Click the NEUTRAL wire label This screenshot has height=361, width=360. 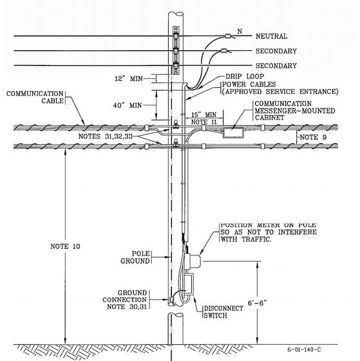[272, 36]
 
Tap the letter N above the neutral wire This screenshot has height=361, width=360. [240, 31]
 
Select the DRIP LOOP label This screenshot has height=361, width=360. [245, 76]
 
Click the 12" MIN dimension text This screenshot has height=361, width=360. [129, 79]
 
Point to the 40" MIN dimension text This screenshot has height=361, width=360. [127, 105]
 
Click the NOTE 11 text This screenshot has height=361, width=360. [204, 122]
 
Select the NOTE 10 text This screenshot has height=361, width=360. [66, 246]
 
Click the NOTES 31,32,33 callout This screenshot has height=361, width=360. [105, 136]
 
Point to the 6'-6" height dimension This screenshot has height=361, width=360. [257, 303]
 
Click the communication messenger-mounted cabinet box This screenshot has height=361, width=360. [233, 133]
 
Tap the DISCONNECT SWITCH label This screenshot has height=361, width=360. [223, 312]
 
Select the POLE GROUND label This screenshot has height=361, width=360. [135, 257]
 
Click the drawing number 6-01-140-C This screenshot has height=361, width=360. [304, 349]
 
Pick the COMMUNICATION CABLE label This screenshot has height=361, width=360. [35, 97]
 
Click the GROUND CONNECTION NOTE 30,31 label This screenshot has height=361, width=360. [124, 300]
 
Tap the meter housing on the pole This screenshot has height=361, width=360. [193, 261]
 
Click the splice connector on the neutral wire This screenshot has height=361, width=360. [228, 36]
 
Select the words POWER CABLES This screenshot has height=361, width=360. [249, 84]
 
